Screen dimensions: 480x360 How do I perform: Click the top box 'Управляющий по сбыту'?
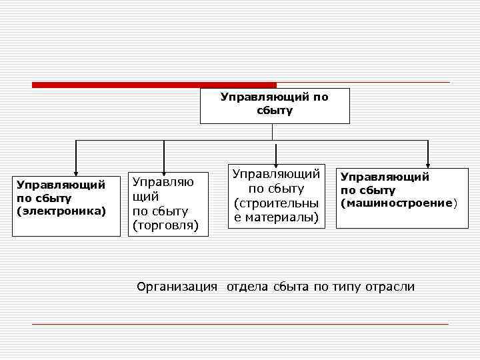(x=275, y=105)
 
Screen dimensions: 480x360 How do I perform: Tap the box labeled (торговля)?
(x=168, y=204)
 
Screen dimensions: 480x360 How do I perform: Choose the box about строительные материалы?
(x=276, y=195)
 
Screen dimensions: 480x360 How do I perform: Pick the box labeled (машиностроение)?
(x=401, y=197)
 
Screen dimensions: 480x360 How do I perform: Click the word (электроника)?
(x=61, y=211)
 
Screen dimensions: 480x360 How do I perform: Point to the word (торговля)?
(x=165, y=225)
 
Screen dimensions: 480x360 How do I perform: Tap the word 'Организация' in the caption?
(x=177, y=287)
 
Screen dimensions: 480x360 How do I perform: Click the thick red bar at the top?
(x=154, y=85)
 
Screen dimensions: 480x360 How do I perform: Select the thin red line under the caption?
(x=240, y=324)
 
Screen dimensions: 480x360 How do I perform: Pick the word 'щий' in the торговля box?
(x=146, y=197)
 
